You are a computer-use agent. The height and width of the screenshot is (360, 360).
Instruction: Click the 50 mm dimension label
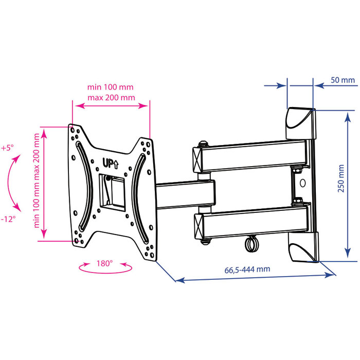[x=343, y=80]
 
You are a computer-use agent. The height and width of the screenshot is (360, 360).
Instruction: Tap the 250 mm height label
[x=341, y=178]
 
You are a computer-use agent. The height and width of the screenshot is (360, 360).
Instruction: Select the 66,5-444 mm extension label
[x=247, y=269]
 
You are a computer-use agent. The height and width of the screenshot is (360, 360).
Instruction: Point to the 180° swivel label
[x=104, y=263]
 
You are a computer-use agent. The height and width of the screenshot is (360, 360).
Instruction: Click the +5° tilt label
[x=7, y=148]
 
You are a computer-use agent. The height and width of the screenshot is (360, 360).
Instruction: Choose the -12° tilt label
[x=8, y=219]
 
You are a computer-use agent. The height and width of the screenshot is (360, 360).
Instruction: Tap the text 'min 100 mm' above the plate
[x=110, y=87]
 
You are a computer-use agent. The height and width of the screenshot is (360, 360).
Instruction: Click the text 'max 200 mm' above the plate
[x=111, y=98]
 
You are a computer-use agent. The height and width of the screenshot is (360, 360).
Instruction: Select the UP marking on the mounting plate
[x=111, y=164]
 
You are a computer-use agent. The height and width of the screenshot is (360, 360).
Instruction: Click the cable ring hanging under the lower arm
[x=251, y=244]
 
